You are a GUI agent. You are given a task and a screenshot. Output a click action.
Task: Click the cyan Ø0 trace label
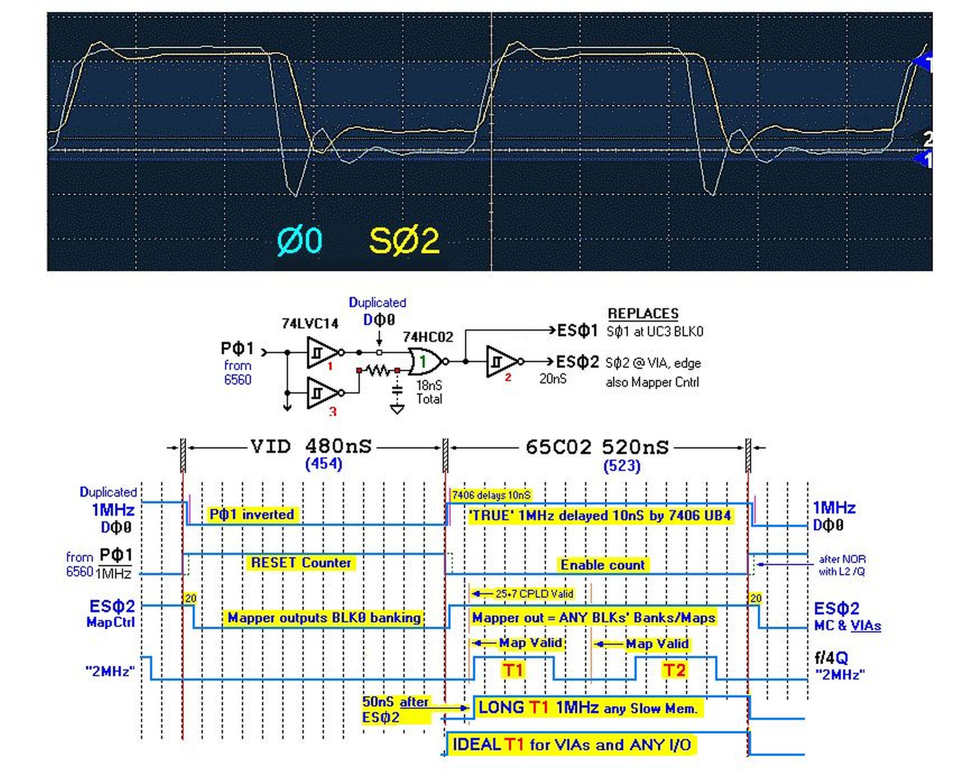300,240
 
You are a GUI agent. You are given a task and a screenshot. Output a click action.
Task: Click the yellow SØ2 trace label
403,242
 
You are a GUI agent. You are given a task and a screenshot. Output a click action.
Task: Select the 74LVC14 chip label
310,323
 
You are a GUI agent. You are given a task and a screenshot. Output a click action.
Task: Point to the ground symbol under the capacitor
397,409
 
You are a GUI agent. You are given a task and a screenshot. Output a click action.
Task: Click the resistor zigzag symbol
378,370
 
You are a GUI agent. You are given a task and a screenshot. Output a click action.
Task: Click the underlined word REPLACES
643,313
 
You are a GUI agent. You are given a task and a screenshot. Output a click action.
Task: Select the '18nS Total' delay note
429,392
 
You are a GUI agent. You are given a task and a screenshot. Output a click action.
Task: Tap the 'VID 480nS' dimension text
311,447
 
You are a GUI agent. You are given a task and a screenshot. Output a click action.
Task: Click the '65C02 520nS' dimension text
597,447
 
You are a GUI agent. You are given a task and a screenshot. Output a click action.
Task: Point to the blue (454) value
323,464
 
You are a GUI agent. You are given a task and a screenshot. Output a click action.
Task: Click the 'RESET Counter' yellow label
301,563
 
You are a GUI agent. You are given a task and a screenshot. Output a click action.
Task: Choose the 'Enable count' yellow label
602,565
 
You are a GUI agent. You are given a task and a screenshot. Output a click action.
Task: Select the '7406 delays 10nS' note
491,495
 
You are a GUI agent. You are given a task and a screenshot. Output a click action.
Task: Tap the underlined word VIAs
865,626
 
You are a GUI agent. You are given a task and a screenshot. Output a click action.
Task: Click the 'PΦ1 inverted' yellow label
252,515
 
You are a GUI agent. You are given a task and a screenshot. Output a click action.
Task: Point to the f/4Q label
831,658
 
